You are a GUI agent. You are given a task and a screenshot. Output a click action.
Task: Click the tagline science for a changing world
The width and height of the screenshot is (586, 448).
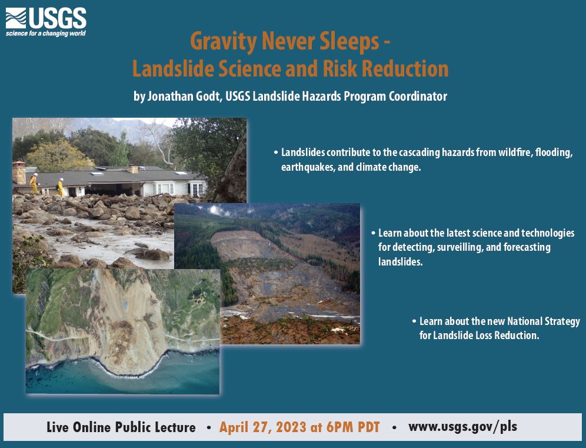pos(46,34)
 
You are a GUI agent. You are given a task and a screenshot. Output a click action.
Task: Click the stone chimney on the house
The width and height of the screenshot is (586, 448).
pos(19,171)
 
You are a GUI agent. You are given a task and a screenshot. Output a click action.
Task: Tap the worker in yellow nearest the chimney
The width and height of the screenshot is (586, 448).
pos(34,183)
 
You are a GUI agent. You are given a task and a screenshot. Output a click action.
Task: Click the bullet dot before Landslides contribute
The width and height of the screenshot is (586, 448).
pos(276,152)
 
